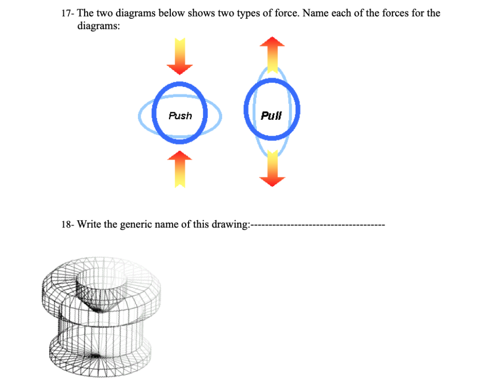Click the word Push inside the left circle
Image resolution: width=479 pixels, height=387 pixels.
(x=180, y=115)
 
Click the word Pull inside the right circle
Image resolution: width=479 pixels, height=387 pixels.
(x=271, y=115)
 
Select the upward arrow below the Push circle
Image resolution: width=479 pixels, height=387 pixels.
(x=180, y=169)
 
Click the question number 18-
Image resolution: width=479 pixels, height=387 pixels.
(x=68, y=224)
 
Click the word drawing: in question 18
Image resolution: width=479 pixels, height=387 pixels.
(x=231, y=224)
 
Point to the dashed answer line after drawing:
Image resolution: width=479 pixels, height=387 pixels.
(x=318, y=225)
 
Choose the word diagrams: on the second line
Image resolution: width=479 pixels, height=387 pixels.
(x=98, y=26)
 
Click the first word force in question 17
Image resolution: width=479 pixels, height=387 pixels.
(x=285, y=13)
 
